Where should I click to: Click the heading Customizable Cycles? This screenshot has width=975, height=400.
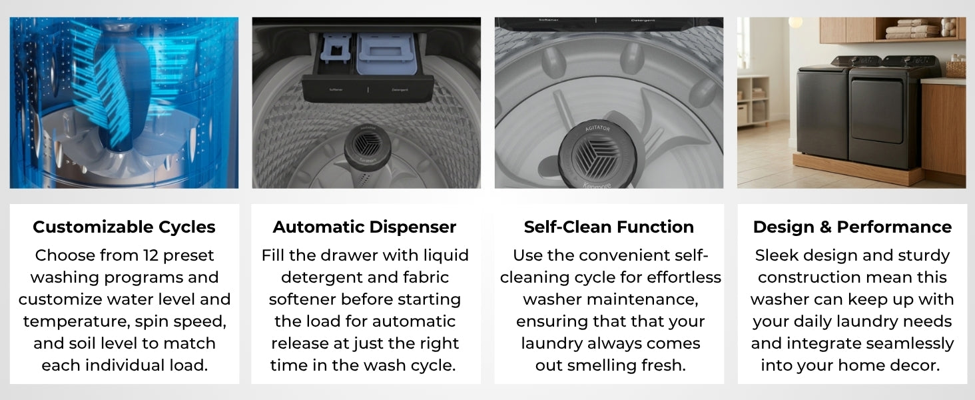(124, 227)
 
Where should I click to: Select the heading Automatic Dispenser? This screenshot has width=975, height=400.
(364, 227)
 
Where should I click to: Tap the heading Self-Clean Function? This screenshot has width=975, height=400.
(609, 227)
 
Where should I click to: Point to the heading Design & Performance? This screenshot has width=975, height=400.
(852, 227)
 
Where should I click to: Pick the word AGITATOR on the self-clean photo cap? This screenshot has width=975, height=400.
(597, 128)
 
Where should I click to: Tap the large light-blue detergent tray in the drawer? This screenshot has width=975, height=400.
(386, 53)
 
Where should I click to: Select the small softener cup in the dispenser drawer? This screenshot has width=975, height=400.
(336, 48)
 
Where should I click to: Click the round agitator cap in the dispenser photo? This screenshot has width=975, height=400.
(367, 145)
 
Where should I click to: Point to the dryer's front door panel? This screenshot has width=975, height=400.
(876, 111)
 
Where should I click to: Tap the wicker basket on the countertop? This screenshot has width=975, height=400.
(956, 69)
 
